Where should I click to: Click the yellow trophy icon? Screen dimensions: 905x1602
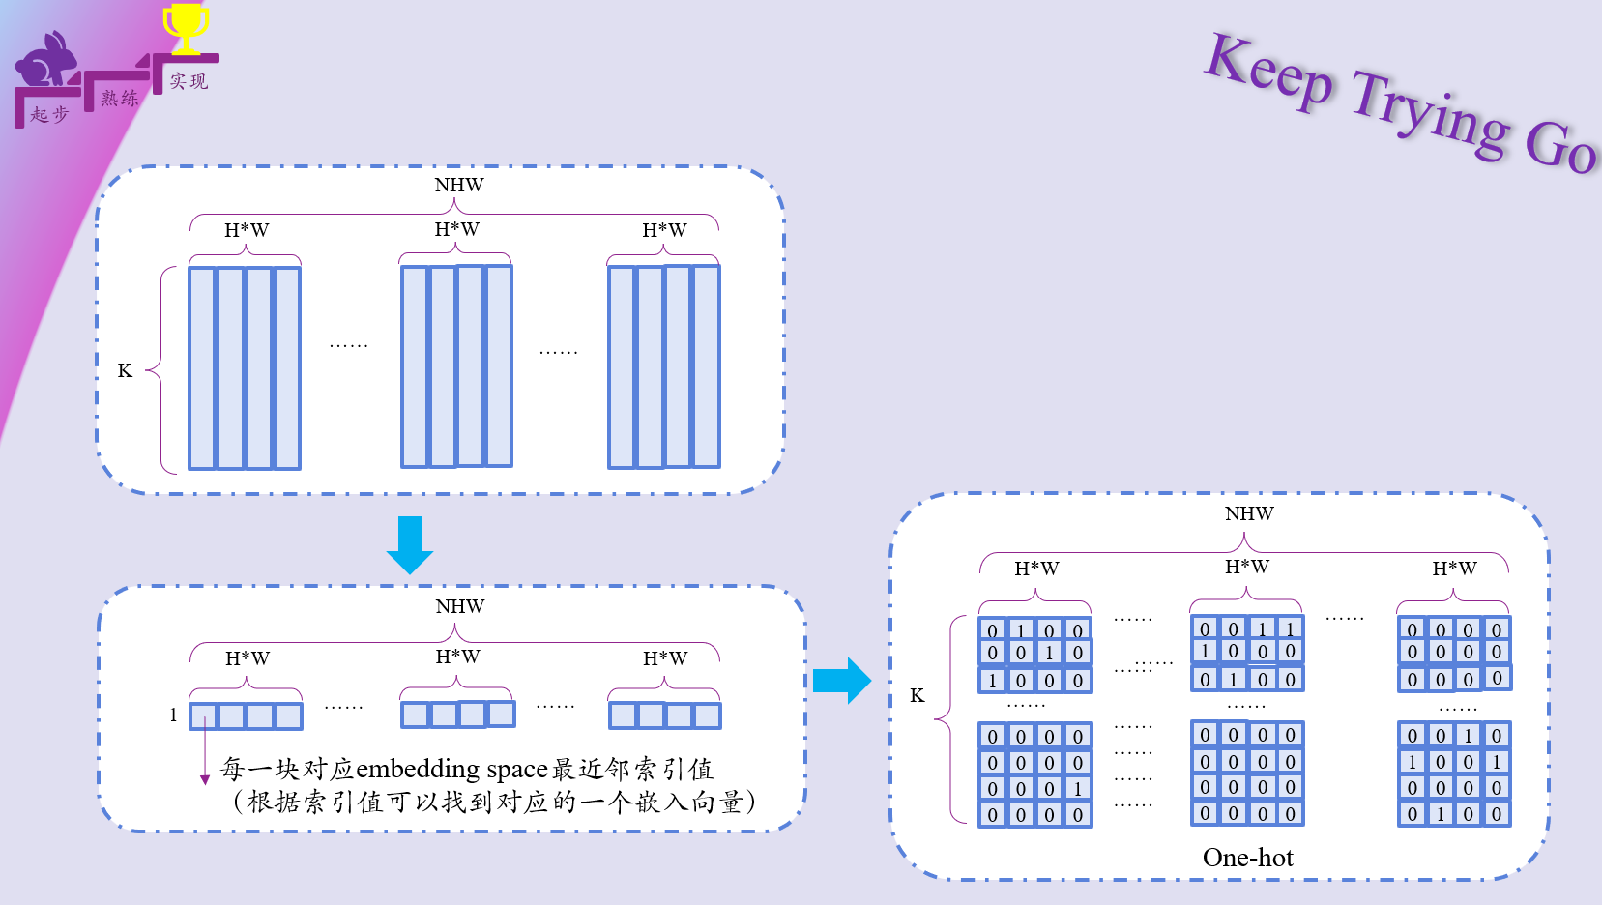click(x=186, y=27)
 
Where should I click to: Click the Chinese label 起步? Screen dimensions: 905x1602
click(x=49, y=114)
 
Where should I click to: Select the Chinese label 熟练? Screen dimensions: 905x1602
click(x=120, y=98)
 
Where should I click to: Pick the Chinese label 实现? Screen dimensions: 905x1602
click(x=189, y=81)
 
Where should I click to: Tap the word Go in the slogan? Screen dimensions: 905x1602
click(x=1559, y=146)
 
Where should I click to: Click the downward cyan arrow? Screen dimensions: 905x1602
click(x=410, y=544)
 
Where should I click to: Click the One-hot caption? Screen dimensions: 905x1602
click(x=1247, y=858)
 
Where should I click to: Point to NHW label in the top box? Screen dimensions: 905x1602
click(x=459, y=185)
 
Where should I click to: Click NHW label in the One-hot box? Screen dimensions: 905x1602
click(x=1249, y=513)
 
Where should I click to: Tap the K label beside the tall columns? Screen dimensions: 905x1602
click(x=125, y=370)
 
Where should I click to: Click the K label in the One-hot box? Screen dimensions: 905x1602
click(x=918, y=695)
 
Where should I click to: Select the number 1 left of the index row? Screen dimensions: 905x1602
click(x=174, y=715)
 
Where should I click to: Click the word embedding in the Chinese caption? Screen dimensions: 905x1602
click(x=418, y=769)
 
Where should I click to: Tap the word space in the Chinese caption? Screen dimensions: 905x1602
click(x=517, y=770)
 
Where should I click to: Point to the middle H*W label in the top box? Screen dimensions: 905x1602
click(x=456, y=229)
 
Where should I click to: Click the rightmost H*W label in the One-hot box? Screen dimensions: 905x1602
click(x=1454, y=569)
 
